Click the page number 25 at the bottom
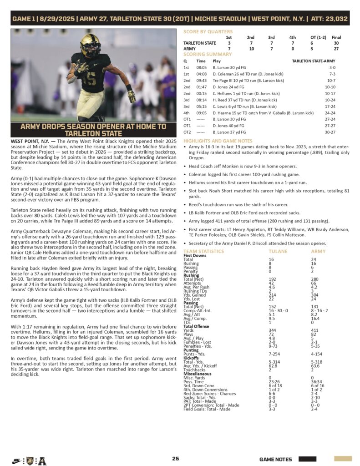click(175, 459)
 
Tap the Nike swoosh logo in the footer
click(16, 461)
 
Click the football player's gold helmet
click(90, 44)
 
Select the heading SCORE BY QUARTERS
click(208, 31)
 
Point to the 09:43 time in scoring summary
click(201, 80)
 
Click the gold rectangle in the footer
click(343, 459)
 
